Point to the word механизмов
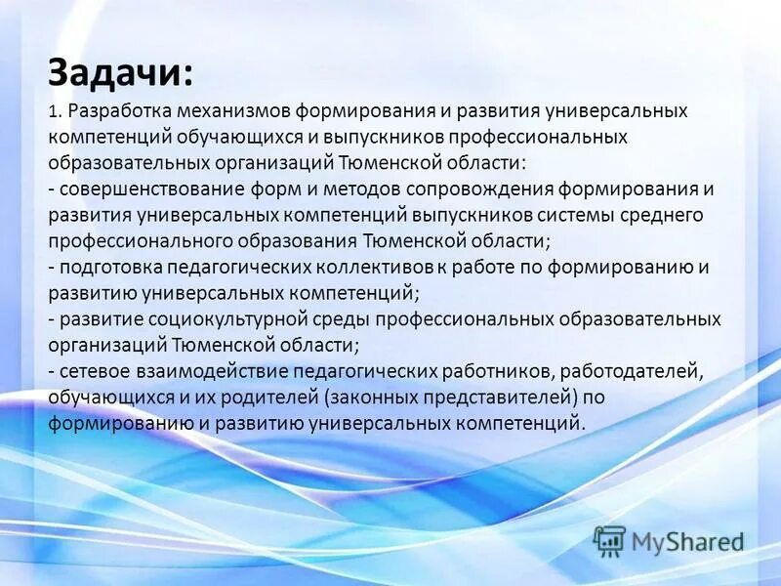pos(238,111)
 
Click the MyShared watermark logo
pos(669,540)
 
